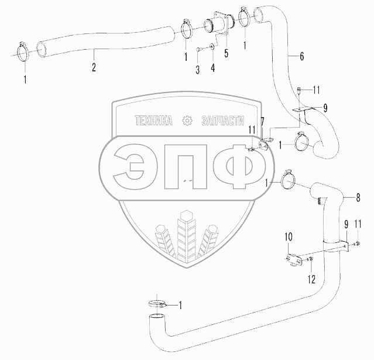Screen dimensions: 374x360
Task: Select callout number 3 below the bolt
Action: click(x=198, y=70)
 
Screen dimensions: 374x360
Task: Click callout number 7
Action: click(x=263, y=121)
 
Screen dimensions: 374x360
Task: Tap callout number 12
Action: click(x=312, y=280)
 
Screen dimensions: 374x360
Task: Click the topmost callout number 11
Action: click(x=317, y=89)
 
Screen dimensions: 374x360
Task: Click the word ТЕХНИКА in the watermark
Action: click(x=153, y=121)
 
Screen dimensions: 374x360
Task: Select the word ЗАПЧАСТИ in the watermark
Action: click(x=221, y=121)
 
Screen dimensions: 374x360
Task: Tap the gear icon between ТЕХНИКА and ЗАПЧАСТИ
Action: click(x=187, y=121)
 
